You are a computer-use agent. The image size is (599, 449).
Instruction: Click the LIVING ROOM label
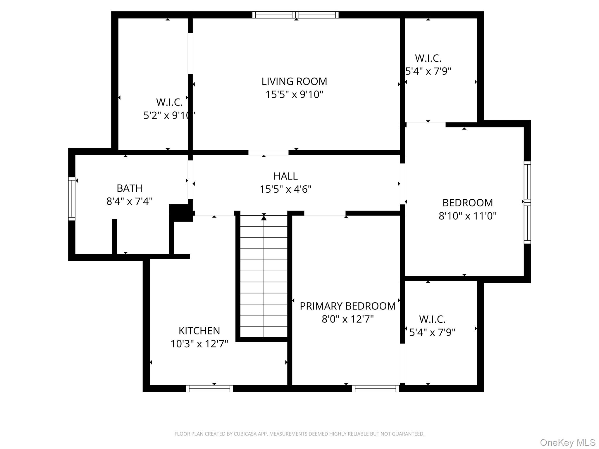click(294, 81)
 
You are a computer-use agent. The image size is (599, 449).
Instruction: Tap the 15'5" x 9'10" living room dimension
click(294, 94)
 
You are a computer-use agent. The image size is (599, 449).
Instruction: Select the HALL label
click(285, 176)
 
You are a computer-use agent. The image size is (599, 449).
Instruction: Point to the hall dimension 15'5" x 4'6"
click(285, 189)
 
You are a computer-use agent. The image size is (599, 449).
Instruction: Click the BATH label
click(130, 188)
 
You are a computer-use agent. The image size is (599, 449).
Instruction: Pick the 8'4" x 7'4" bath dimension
click(130, 201)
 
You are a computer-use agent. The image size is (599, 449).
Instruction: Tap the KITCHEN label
click(199, 331)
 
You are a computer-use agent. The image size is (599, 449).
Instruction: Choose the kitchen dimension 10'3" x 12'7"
click(199, 344)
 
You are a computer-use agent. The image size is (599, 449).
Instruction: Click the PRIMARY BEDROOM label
click(348, 306)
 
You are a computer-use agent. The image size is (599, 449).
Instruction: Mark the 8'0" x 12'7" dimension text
click(348, 319)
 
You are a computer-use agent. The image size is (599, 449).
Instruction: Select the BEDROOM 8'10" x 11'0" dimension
click(467, 216)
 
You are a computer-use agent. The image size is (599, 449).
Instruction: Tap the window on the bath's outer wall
click(72, 199)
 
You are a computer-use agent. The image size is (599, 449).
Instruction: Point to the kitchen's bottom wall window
click(209, 388)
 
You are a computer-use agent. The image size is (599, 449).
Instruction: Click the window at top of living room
click(295, 15)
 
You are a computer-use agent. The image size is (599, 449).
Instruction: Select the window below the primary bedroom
click(375, 388)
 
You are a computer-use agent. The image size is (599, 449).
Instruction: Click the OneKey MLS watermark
click(567, 442)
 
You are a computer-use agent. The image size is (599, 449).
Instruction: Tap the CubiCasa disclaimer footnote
click(299, 434)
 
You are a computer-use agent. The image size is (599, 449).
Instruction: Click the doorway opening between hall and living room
click(268, 153)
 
